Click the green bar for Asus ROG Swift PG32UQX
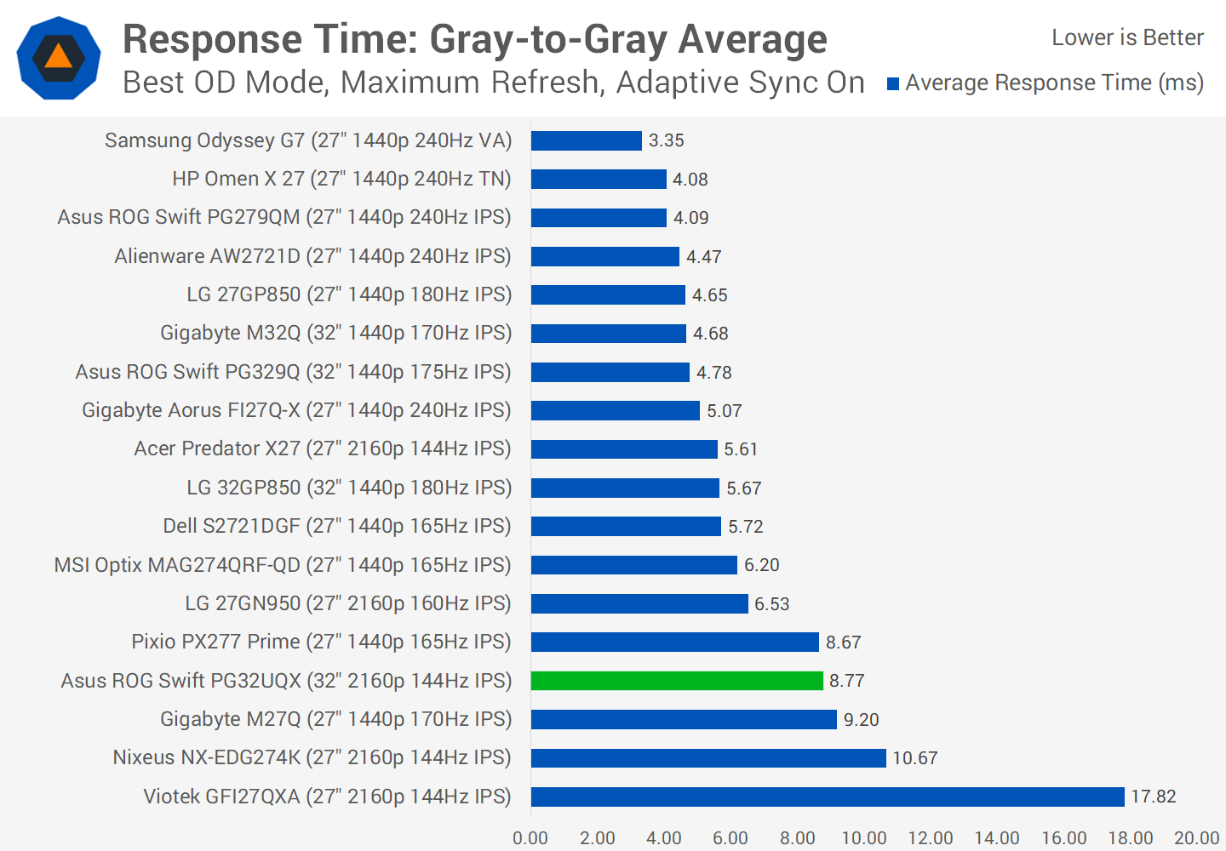click(677, 681)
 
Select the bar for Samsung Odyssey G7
click(586, 140)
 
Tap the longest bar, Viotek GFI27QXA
click(828, 797)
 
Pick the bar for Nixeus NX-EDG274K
click(708, 757)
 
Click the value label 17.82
click(1154, 797)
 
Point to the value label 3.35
click(667, 140)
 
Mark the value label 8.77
click(847, 681)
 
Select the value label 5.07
click(725, 411)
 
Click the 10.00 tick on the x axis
click(864, 838)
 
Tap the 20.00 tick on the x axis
click(1197, 838)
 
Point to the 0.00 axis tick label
click(530, 838)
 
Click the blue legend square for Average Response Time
click(893, 83)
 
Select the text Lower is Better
click(1127, 37)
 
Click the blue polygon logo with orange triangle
click(59, 58)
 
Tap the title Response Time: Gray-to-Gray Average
click(475, 39)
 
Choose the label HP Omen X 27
click(341, 179)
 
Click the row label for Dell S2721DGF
click(337, 526)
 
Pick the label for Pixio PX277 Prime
click(321, 642)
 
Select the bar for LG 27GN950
click(639, 603)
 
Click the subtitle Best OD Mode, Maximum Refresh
click(494, 83)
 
